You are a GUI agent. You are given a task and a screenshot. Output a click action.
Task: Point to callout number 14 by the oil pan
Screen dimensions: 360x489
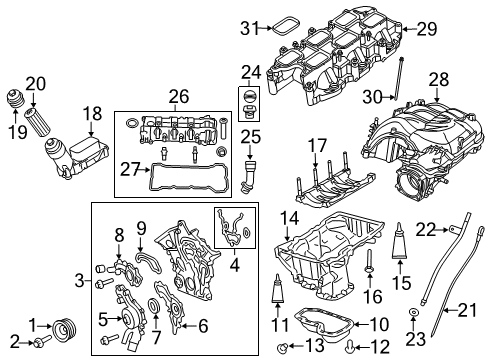click(286, 217)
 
